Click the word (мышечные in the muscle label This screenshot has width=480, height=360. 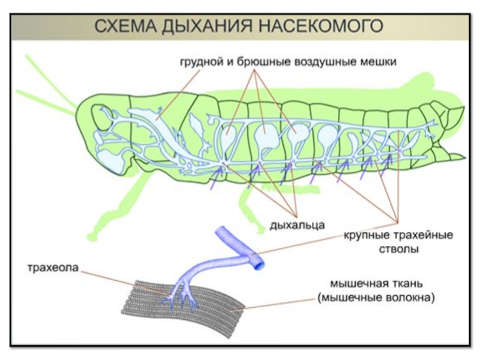click(346, 297)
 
